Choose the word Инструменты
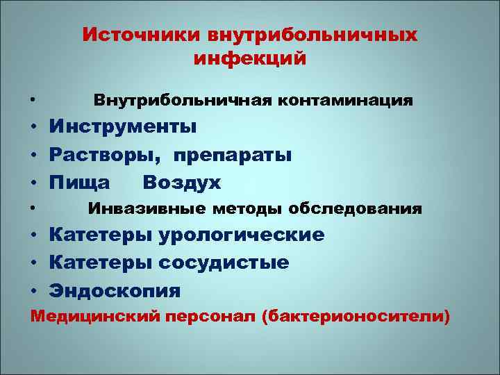[122, 127]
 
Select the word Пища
[79, 183]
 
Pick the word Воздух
[181, 183]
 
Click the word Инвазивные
[146, 209]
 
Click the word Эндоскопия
[115, 291]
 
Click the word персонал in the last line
[212, 317]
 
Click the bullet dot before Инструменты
[33, 128]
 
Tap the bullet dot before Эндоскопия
[33, 292]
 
